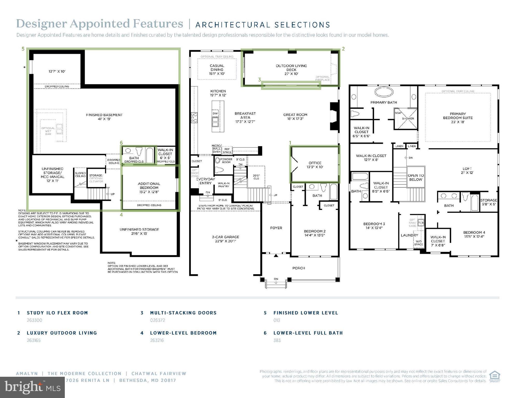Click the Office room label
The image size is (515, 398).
(315, 165)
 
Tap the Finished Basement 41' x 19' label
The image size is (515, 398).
(104, 117)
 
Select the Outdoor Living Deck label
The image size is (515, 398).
(291, 70)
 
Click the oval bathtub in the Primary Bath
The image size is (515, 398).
(384, 92)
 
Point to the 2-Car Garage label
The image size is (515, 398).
(225, 239)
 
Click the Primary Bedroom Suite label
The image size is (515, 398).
(458, 118)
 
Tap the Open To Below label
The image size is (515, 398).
(416, 177)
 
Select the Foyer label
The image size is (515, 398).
(276, 228)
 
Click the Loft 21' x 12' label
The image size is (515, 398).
(467, 170)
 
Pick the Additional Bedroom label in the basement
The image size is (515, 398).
(149, 188)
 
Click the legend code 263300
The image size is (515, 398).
(34, 320)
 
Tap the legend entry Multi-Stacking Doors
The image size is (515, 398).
(183, 313)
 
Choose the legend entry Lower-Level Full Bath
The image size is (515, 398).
(308, 333)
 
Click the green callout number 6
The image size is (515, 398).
(121, 143)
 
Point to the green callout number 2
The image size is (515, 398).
(343, 49)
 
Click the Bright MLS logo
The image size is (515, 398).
(32, 387)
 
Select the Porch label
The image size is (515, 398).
(299, 268)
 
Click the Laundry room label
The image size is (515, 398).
(409, 235)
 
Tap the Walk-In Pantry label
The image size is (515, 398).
(223, 185)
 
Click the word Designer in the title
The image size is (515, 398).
(41, 24)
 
